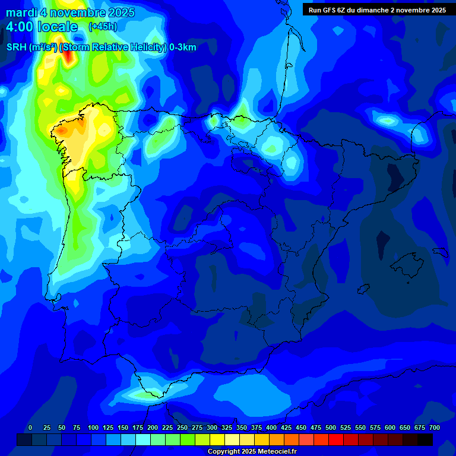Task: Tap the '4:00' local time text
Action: pos(20,27)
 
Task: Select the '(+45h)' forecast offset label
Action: pos(103,27)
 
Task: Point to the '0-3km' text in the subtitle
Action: pos(182,47)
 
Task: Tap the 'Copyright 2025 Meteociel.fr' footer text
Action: pos(252,452)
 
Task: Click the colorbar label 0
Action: pos(30,427)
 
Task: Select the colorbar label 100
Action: pos(93,427)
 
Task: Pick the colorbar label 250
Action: pos(182,427)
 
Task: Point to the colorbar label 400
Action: pos(271,427)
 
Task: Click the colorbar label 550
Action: pos(360,427)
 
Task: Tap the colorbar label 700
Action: pos(434,427)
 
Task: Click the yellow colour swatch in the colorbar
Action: pos(217,439)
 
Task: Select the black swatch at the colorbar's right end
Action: pos(425,439)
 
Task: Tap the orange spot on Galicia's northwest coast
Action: pos(61,129)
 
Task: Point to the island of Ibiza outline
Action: pos(363,288)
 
